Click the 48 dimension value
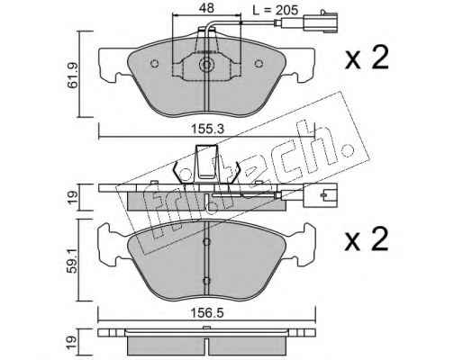point(206,8)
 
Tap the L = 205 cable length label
point(275,11)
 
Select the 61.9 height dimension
point(72,76)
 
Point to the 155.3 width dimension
point(208,130)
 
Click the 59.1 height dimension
point(72,260)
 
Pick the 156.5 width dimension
point(207,313)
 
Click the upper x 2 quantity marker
point(367,58)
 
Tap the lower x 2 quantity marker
point(367,238)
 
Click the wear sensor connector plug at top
point(320,22)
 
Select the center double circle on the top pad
point(206,65)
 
